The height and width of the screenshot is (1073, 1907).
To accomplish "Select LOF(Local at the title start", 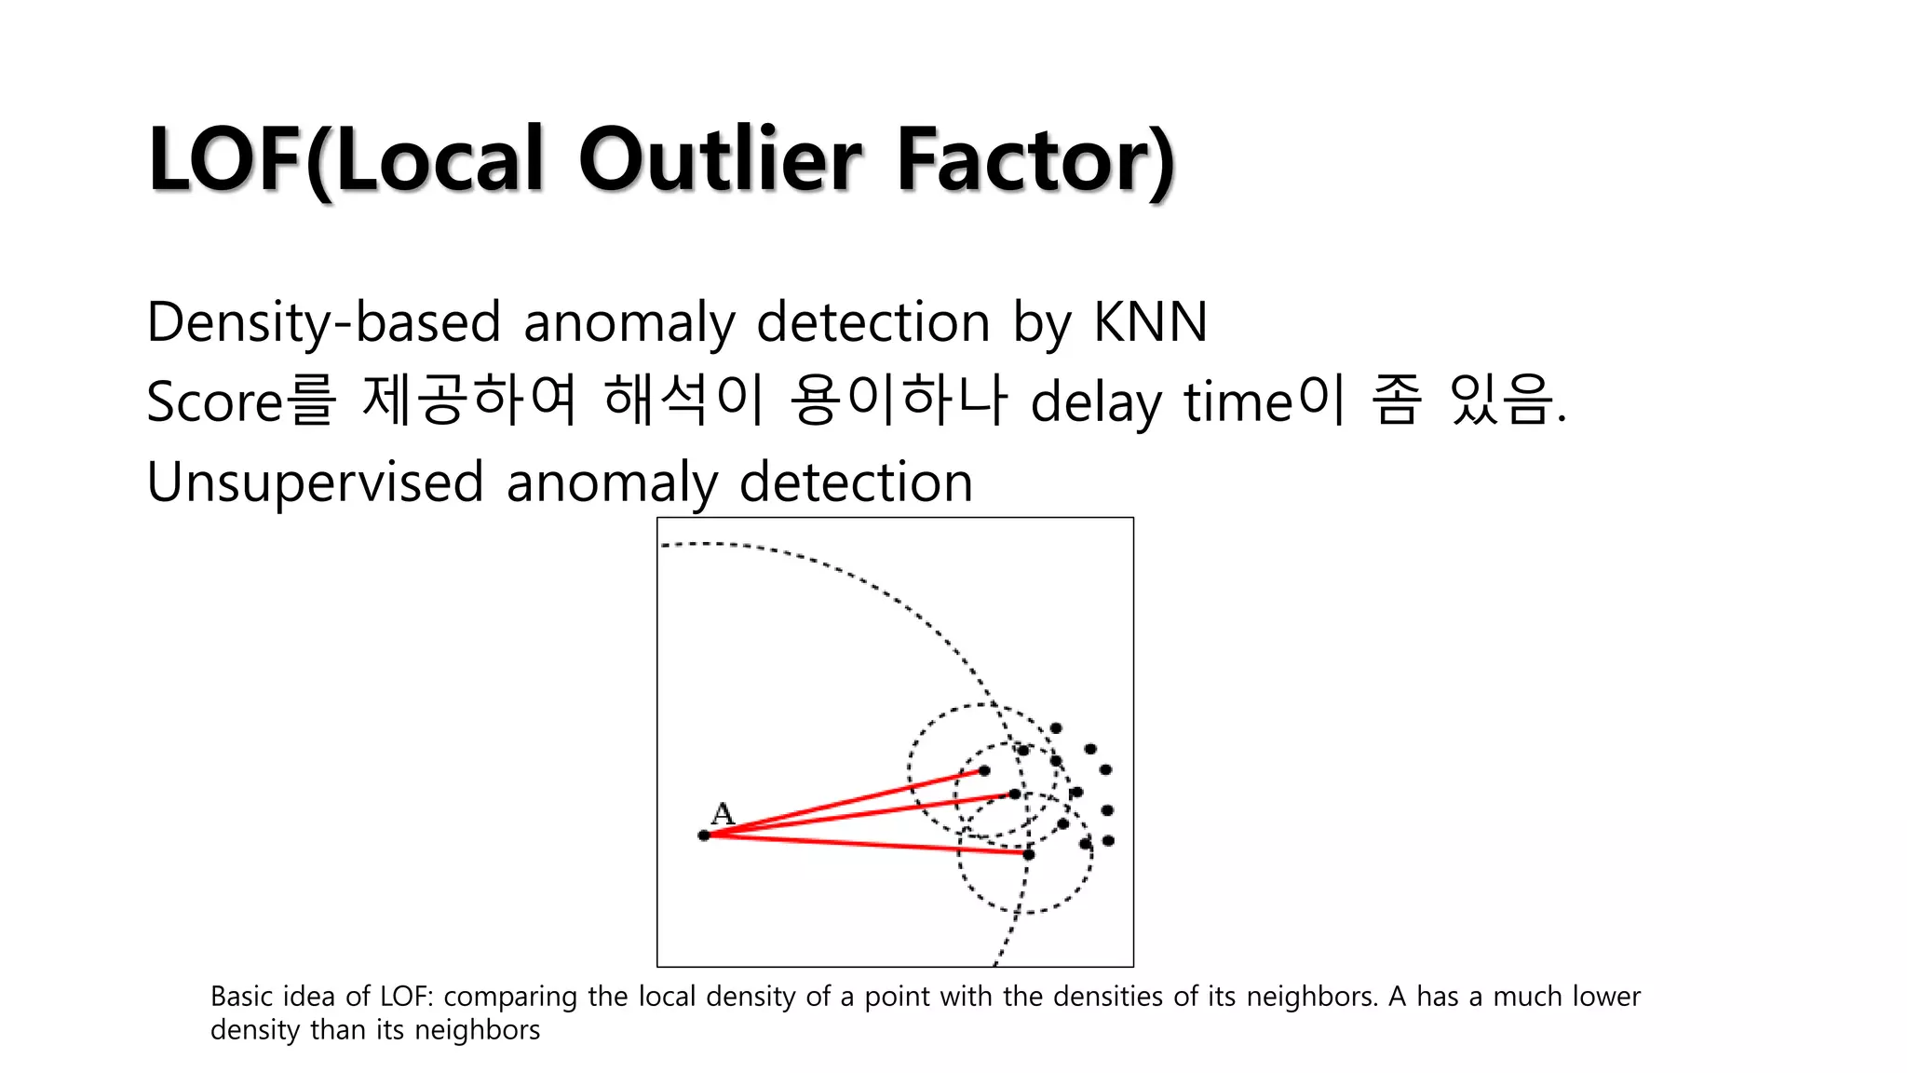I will click(x=345, y=159).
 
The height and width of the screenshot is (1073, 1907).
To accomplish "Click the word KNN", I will click(x=1150, y=322).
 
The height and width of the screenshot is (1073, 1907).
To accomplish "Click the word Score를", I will click(x=240, y=401).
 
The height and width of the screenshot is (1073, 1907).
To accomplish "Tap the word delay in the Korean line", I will click(x=1095, y=403).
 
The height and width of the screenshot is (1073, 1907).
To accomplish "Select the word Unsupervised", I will click(x=315, y=482).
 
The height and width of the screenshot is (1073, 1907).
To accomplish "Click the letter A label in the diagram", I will click(x=723, y=814).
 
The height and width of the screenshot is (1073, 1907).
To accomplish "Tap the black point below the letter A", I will click(x=704, y=835).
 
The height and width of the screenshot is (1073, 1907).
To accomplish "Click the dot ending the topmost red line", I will click(x=984, y=770).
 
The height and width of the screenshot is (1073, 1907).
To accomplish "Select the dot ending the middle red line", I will click(x=1015, y=794).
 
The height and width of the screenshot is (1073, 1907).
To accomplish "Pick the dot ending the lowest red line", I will click(x=1029, y=854).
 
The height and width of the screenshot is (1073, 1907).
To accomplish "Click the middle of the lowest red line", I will click(x=866, y=845).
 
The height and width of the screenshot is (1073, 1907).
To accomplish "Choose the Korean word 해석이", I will click(x=683, y=401).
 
